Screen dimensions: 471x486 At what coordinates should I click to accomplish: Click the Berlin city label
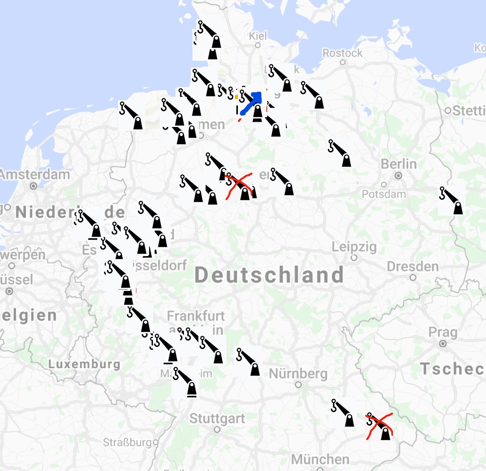tap(398, 164)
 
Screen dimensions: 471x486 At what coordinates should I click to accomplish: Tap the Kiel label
tap(258, 36)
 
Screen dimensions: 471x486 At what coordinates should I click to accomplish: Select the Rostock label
tap(342, 53)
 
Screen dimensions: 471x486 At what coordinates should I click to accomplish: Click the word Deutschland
tap(269, 275)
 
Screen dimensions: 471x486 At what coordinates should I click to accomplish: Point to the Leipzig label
tap(354, 247)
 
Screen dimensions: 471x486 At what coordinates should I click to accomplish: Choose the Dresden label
tap(413, 267)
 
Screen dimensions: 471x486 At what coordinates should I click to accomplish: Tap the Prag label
tap(443, 332)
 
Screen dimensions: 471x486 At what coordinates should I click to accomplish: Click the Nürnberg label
tap(298, 374)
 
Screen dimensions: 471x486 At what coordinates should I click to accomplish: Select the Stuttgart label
tap(217, 418)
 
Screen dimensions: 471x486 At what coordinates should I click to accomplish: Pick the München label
tap(320, 459)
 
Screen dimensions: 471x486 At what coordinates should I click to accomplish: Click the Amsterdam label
tap(35, 175)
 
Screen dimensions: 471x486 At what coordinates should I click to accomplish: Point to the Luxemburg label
tap(84, 364)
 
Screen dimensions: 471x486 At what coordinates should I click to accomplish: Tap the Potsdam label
tap(384, 194)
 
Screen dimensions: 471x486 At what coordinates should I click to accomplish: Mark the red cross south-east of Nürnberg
tap(379, 425)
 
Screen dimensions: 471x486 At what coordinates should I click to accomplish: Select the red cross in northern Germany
tap(239, 185)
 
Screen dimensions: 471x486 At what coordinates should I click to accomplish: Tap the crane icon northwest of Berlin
tap(340, 153)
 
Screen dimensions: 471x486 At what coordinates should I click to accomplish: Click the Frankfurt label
tap(196, 316)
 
